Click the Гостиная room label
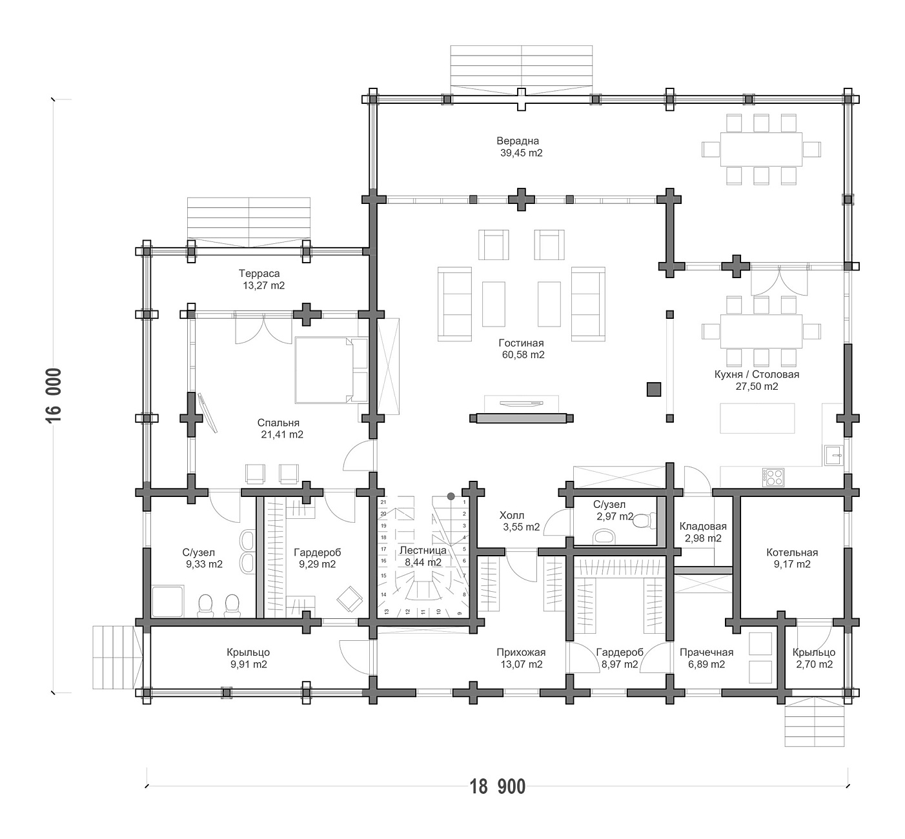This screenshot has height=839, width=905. pos(521,343)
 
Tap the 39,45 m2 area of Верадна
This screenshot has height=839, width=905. pos(522,153)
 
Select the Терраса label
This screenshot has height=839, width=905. pos(259,274)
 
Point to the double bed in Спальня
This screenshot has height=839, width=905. pos(331,370)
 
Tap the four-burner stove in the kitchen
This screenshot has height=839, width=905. pos(773,477)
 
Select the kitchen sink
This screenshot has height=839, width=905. pos(834,455)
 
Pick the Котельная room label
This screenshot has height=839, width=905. pos(792,552)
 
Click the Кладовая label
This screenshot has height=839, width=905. pos(703,527)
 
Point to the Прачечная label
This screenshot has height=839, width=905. pos(706,652)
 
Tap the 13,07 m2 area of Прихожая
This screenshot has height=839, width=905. pos(522,665)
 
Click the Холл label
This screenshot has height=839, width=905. pos(512,516)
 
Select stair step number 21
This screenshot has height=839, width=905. pos(383,502)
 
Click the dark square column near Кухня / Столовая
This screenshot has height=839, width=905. pos(654,389)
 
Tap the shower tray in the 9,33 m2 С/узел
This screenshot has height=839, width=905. pos(167,601)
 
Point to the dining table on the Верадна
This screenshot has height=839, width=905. pos(761,149)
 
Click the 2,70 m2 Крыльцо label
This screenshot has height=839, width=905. pos(814,652)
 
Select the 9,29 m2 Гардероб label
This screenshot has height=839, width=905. pos(317,552)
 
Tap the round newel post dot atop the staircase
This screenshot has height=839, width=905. pos(451,496)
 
